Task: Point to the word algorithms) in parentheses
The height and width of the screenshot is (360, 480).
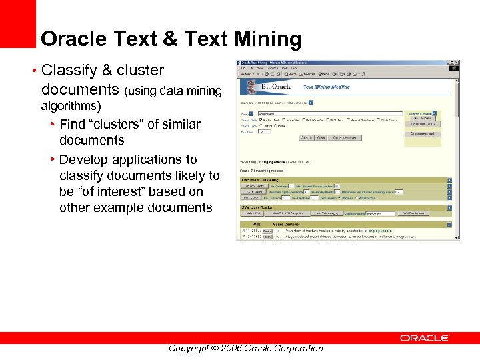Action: pyautogui.click(x=71, y=106)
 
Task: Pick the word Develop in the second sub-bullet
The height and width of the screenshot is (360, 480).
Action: pyautogui.click(x=82, y=159)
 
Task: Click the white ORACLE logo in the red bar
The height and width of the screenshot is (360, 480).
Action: pyautogui.click(x=425, y=338)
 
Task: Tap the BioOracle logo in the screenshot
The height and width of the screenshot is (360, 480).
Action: pyautogui.click(x=276, y=87)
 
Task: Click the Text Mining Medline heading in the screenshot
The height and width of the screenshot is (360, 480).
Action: pyautogui.click(x=327, y=87)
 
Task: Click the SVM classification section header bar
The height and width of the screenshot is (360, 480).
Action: pyautogui.click(x=343, y=207)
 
